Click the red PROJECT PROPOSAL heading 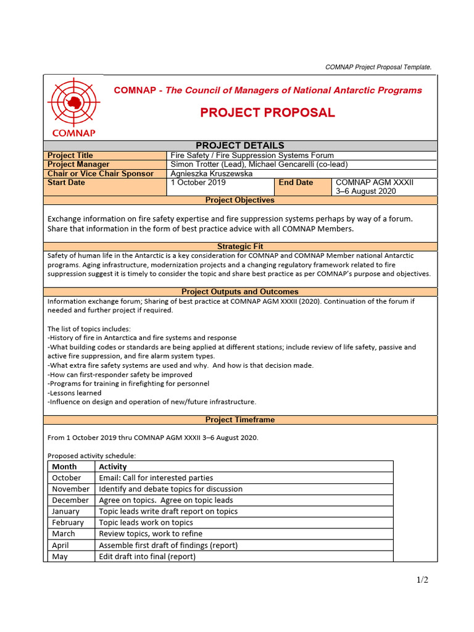coord(267,112)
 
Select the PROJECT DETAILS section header coord(240,146)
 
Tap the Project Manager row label coord(78,165)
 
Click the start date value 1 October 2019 coord(198,183)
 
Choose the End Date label coord(296,183)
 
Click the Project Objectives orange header coord(240,200)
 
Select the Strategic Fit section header coord(240,246)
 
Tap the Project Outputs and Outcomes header coord(240,291)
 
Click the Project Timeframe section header coord(240,420)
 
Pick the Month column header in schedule coord(64,467)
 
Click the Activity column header coord(113,467)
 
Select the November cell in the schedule coord(70,489)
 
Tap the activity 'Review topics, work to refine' coord(151,533)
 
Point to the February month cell coord(67,522)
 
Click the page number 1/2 coord(422,580)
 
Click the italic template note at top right coord(378,67)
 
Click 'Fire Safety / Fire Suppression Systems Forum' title coord(252,156)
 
